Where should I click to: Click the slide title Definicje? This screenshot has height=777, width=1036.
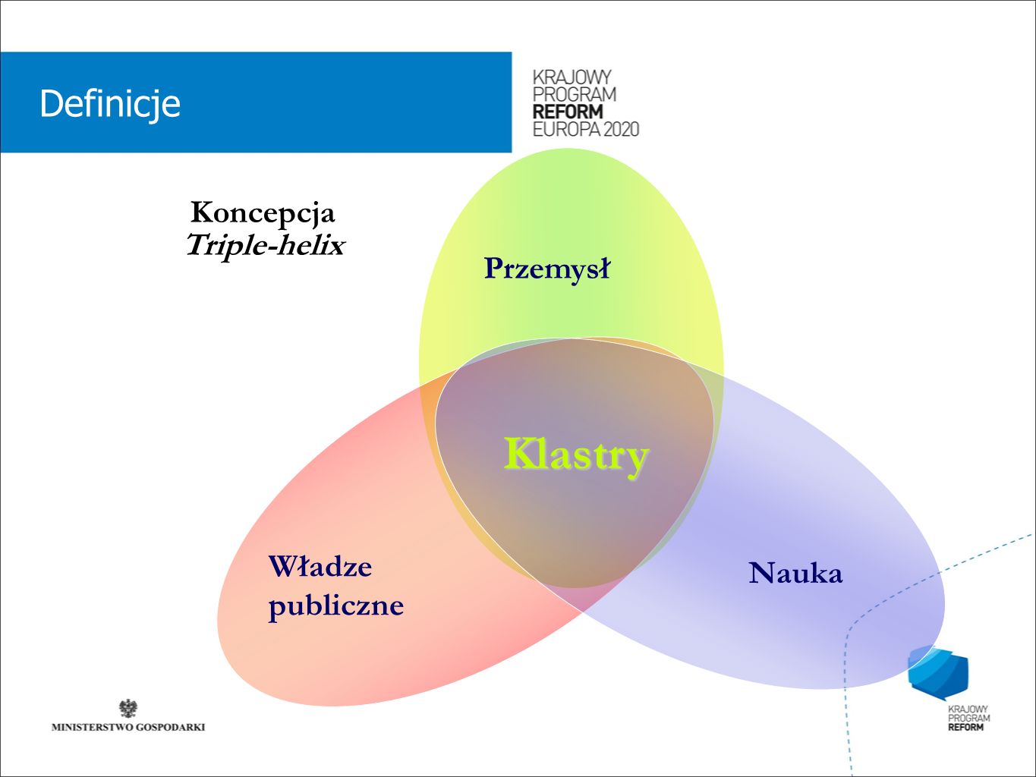(x=109, y=104)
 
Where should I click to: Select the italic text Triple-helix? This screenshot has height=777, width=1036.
(x=266, y=245)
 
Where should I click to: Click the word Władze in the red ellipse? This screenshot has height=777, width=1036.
(x=320, y=566)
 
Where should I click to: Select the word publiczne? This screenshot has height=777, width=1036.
(x=336, y=606)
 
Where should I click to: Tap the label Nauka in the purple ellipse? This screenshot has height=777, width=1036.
(x=795, y=573)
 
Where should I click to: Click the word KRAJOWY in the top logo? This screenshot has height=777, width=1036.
(x=572, y=77)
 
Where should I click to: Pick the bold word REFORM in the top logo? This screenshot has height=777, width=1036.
(x=568, y=112)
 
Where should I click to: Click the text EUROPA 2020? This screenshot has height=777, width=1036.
(x=586, y=129)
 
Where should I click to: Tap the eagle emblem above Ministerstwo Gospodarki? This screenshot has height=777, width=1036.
(x=128, y=709)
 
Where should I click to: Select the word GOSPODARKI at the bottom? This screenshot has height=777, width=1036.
(x=165, y=728)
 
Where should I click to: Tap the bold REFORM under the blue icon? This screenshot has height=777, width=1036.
(x=965, y=728)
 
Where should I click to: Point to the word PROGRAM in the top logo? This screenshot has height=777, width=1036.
(x=575, y=94)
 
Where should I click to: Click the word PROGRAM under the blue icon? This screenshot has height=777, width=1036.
(x=969, y=718)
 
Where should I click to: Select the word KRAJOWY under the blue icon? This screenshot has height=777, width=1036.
(x=968, y=709)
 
